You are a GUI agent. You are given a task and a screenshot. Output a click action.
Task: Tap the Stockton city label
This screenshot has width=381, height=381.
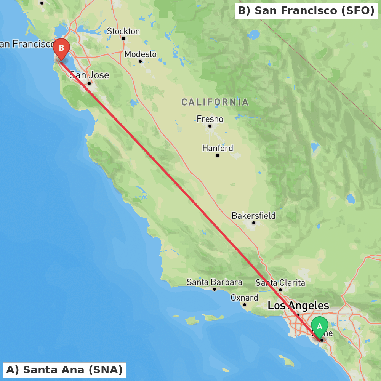(123, 31)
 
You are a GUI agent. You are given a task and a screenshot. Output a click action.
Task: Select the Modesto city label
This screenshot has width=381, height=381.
(140, 54)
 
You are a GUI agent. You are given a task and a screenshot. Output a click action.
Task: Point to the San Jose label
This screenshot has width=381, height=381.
(89, 75)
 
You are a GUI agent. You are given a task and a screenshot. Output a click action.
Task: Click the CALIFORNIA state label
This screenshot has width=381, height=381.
(215, 102)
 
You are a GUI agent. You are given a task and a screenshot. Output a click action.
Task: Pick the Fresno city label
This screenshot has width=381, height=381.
(210, 119)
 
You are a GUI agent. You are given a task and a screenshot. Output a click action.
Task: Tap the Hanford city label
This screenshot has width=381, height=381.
(218, 148)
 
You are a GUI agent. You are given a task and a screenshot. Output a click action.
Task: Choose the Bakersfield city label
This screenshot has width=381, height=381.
(253, 216)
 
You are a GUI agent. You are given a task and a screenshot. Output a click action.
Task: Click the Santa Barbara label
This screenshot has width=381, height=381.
(214, 282)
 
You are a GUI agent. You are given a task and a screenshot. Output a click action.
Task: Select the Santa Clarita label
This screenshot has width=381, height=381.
(280, 283)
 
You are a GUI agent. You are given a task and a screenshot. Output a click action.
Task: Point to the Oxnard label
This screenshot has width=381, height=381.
(244, 298)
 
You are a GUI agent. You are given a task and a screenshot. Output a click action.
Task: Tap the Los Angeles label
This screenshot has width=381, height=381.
(298, 306)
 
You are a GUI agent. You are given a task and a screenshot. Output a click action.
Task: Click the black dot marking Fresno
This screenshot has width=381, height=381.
(210, 126)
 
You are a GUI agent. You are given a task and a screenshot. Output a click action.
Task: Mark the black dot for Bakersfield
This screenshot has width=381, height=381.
(253, 223)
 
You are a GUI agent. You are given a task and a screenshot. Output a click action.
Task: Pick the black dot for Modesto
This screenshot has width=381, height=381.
(140, 61)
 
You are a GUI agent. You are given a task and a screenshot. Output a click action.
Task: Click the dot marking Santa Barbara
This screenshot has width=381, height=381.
(215, 289)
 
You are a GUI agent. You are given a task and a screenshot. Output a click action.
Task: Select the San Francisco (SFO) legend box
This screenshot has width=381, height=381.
(306, 11)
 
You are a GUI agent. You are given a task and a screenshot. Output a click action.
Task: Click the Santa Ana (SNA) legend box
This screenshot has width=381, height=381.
(64, 370)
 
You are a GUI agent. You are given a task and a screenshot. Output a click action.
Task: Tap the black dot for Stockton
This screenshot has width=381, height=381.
(123, 38)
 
